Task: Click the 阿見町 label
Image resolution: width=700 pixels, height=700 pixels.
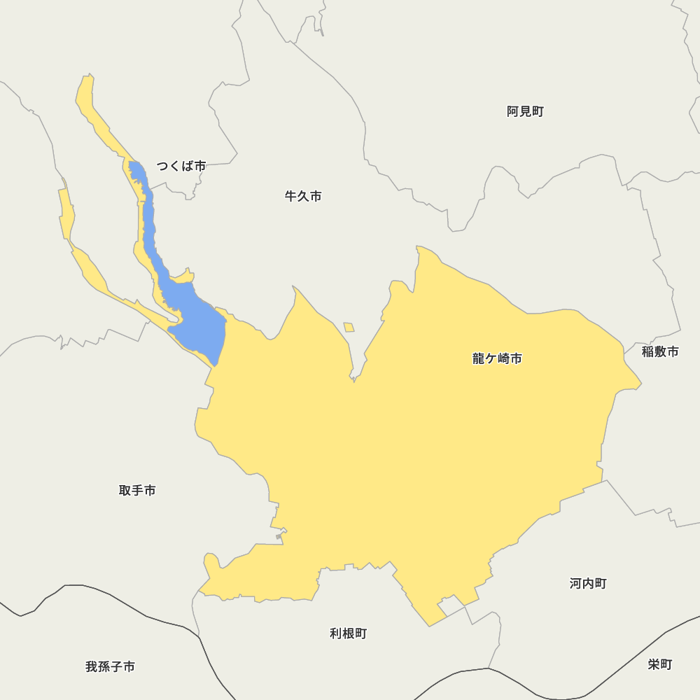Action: [525, 111]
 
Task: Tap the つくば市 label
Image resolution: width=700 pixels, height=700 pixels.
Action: [181, 166]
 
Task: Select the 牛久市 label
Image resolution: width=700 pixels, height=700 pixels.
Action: [303, 197]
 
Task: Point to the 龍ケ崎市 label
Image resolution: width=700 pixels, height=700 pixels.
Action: [497, 359]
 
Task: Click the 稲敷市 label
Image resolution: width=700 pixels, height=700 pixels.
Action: [660, 351]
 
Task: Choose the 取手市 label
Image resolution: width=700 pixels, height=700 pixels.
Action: [137, 491]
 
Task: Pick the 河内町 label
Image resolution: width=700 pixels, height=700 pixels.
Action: [588, 583]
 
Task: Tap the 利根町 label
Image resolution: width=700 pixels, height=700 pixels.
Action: [348, 633]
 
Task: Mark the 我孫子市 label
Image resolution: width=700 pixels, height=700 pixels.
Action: [110, 667]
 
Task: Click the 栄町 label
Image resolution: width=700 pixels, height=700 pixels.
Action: [660, 664]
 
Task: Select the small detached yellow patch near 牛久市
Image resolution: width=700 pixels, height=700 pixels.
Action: [349, 327]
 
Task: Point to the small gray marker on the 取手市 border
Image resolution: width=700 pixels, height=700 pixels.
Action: [279, 537]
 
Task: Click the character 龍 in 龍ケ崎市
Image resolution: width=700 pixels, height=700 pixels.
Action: [479, 359]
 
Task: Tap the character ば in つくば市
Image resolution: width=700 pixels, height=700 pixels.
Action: [188, 166]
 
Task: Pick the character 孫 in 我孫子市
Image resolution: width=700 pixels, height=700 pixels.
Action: [104, 667]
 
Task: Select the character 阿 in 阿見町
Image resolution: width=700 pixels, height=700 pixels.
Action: [513, 111]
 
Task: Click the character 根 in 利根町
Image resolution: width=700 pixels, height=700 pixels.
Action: [348, 633]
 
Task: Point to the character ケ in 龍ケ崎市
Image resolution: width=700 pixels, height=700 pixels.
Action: [491, 359]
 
